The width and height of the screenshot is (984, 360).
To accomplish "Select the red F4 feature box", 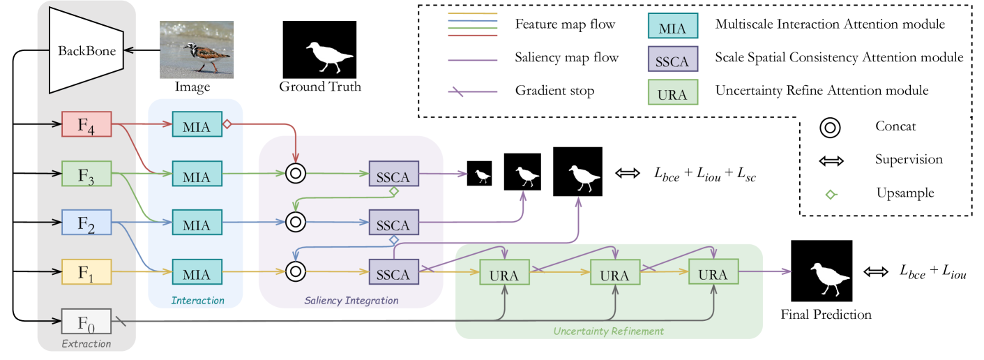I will [86, 126].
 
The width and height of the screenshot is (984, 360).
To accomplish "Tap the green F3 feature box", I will [86, 174].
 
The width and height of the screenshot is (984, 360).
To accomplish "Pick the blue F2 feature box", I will [86, 222].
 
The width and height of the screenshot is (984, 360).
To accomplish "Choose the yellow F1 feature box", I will [86, 271].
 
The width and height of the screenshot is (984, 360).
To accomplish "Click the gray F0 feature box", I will [86, 323].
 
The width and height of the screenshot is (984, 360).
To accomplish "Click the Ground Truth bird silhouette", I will [319, 49].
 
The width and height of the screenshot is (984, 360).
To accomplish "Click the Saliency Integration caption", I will [351, 301].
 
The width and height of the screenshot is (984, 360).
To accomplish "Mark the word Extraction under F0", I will [86, 343].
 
